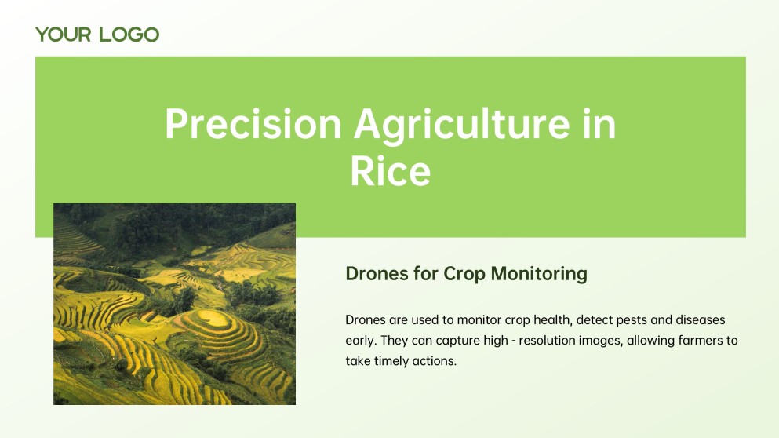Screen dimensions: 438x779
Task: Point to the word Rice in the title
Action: coord(390,171)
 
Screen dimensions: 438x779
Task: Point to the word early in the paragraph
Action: coord(362,341)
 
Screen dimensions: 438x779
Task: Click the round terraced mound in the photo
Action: coord(209,319)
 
